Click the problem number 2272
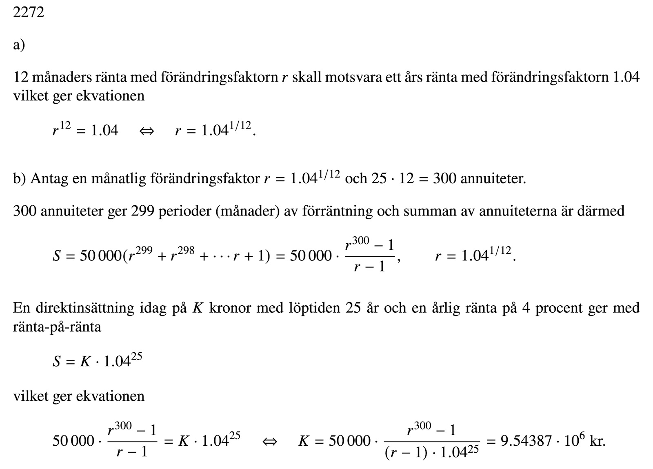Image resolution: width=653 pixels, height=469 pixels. (29, 13)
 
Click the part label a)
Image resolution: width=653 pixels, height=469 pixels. (19, 45)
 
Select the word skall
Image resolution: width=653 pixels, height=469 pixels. (307, 77)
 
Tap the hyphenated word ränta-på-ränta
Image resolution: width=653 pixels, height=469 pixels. (57, 327)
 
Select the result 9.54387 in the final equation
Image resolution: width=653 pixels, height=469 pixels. (526, 441)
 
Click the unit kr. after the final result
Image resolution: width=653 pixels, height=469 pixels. (597, 441)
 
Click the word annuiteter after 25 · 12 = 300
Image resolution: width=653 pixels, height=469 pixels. (493, 178)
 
